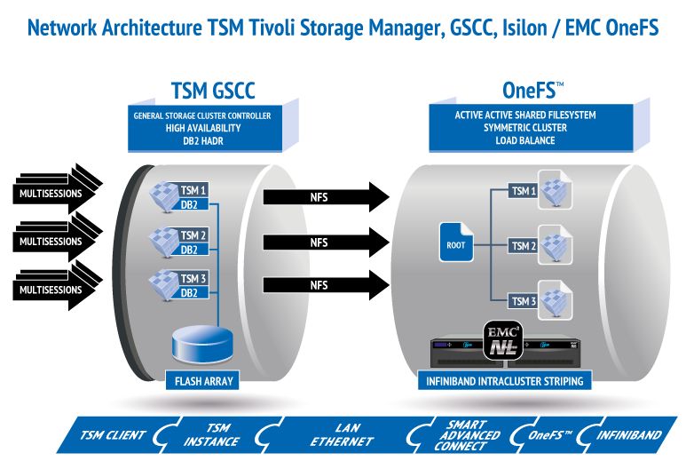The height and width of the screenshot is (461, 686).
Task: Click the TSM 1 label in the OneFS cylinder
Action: coord(523,191)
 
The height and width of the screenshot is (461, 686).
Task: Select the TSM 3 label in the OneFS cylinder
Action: coord(523,301)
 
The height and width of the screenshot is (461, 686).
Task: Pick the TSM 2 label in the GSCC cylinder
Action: coord(193,235)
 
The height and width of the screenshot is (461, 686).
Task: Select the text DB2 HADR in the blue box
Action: coord(202,139)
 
